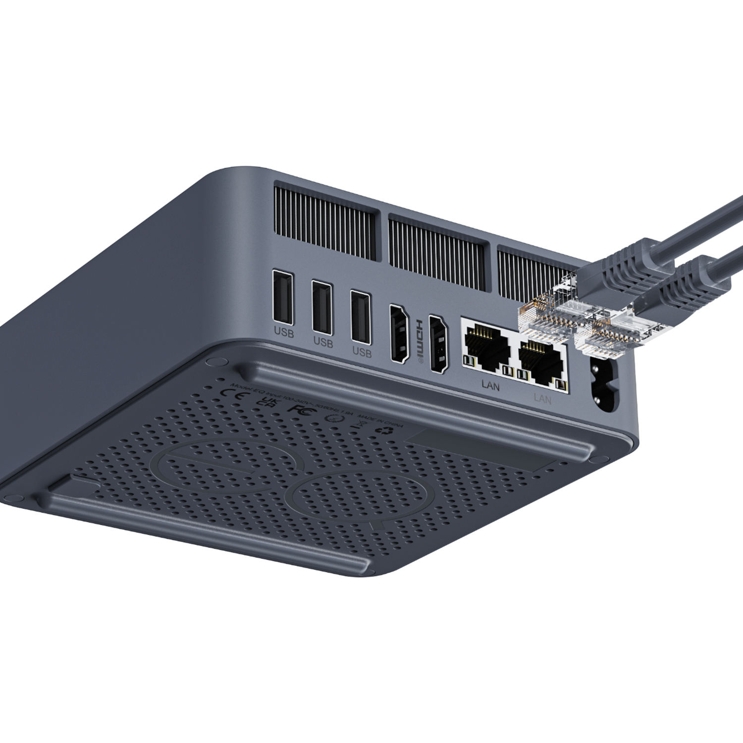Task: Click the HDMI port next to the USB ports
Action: point(399,333)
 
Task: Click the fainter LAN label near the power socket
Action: point(543,398)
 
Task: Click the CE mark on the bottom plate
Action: point(231,393)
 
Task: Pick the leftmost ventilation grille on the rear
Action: point(324,226)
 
